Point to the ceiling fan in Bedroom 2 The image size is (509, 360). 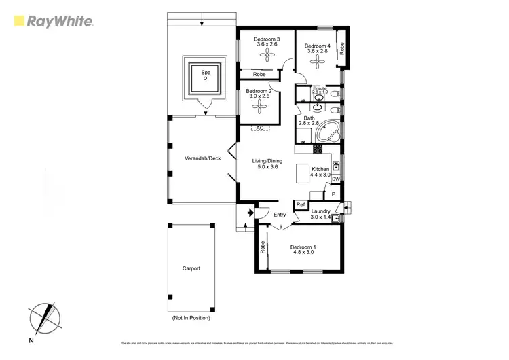coord(258,105)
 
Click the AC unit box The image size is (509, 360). coord(259,128)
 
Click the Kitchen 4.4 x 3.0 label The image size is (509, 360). coord(320,172)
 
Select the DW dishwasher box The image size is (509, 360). coord(335,179)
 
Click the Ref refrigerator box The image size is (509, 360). coord(300,205)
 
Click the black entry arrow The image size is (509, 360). coord(250,213)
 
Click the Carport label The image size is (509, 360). coord(191,268)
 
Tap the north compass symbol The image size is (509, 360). coord(43,317)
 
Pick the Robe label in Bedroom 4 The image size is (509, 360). coord(342,48)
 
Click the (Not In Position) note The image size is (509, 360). coord(191,318)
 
